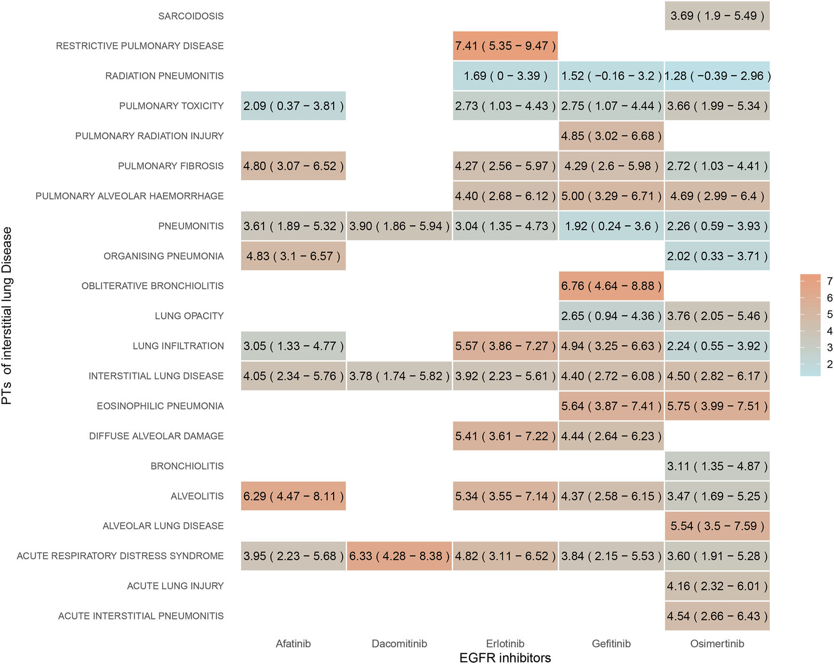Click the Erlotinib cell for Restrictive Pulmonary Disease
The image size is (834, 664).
pyautogui.click(x=505, y=46)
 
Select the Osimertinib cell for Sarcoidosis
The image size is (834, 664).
pyautogui.click(x=717, y=16)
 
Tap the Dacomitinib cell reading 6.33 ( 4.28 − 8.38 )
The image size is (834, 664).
pyautogui.click(x=399, y=556)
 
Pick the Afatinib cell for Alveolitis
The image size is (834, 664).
pyautogui.click(x=293, y=496)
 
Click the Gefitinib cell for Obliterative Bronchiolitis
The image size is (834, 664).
pyautogui.click(x=611, y=286)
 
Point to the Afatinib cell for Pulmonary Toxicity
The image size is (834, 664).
pyautogui.click(x=293, y=106)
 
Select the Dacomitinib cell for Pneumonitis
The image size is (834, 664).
pyautogui.click(x=399, y=226)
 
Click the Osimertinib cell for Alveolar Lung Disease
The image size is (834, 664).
pyautogui.click(x=717, y=526)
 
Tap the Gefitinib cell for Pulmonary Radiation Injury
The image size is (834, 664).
pyautogui.click(x=611, y=136)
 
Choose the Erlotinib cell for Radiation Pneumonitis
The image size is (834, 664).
pyautogui.click(x=505, y=76)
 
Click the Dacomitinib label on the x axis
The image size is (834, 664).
pyautogui.click(x=399, y=643)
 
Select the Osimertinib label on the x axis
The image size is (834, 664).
pyautogui.click(x=717, y=643)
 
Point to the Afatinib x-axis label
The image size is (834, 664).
pyautogui.click(x=293, y=643)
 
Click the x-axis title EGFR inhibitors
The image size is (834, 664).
pyautogui.click(x=505, y=657)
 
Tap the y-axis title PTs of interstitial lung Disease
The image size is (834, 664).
pyautogui.click(x=7, y=315)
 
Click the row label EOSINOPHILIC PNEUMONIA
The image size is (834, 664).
pyautogui.click(x=160, y=406)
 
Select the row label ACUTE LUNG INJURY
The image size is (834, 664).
pyautogui.click(x=175, y=586)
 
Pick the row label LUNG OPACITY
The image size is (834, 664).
pyautogui.click(x=189, y=316)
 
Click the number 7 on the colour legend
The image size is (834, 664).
pyautogui.click(x=830, y=281)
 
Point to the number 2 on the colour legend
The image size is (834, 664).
pyautogui.click(x=830, y=364)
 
